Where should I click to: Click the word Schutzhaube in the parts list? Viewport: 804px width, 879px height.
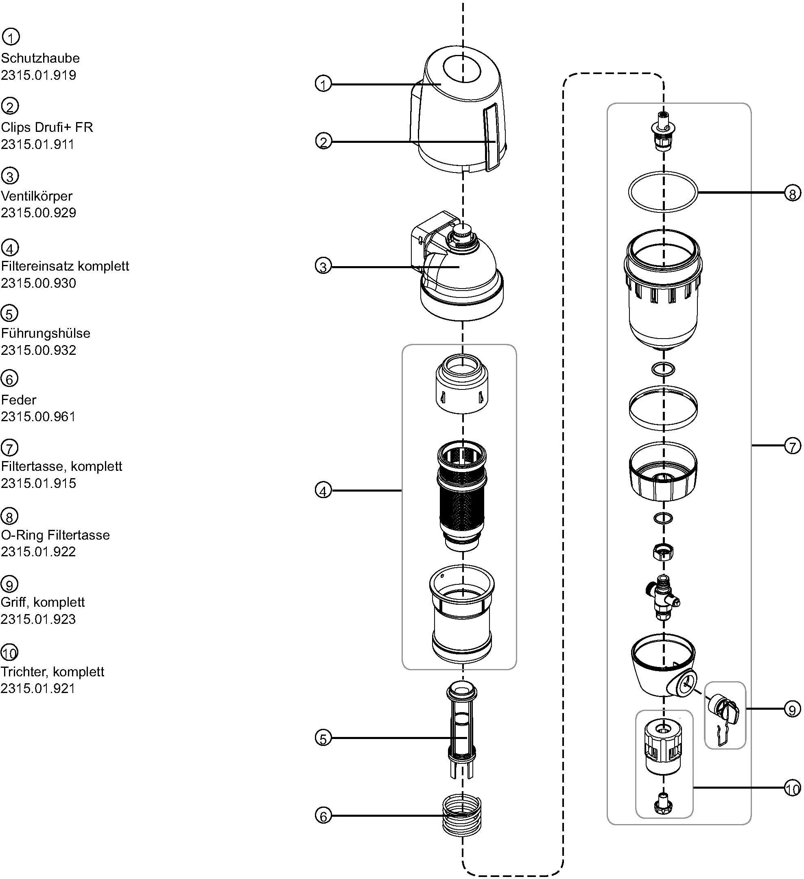(x=40, y=58)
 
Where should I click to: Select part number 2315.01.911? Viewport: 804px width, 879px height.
(x=38, y=144)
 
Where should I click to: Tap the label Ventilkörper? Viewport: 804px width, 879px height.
(x=37, y=196)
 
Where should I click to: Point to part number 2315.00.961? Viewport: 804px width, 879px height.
(x=38, y=416)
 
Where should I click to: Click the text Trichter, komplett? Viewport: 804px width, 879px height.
(x=52, y=671)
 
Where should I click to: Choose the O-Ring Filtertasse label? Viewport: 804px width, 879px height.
(x=55, y=535)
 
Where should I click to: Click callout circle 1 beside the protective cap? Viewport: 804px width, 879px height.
(x=323, y=84)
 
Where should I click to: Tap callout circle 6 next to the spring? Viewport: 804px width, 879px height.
(x=323, y=816)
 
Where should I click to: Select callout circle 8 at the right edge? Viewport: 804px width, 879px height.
(x=792, y=193)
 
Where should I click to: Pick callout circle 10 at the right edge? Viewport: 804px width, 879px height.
(x=792, y=789)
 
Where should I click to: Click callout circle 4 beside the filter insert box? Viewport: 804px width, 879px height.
(x=323, y=491)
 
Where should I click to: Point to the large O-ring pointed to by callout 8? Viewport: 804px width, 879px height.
(x=663, y=192)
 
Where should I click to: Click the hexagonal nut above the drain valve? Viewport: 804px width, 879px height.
(x=663, y=553)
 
